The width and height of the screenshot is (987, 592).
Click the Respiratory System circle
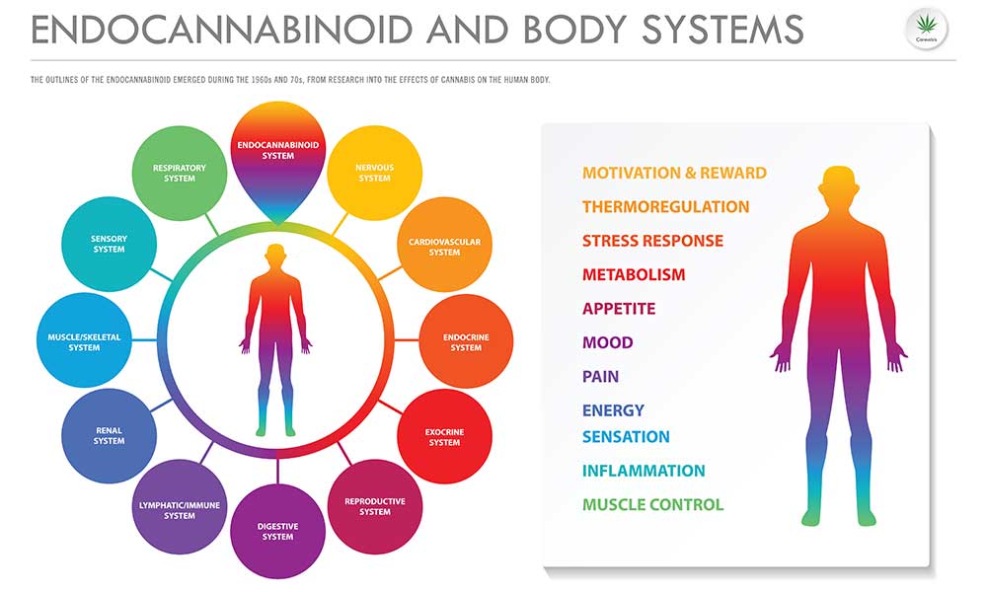click(x=180, y=173)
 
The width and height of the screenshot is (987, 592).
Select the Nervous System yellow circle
click(x=374, y=173)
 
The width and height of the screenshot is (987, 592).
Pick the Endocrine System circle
click(x=466, y=341)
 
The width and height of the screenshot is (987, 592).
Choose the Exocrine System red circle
click(x=444, y=436)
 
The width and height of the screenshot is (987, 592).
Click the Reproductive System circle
click(x=375, y=506)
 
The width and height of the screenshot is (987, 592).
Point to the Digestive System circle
click(x=277, y=532)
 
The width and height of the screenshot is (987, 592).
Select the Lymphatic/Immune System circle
click(x=180, y=507)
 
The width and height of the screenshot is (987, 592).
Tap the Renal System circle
click(x=109, y=436)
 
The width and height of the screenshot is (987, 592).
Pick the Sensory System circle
click(x=109, y=244)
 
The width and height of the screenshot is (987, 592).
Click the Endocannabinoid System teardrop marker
click(x=277, y=157)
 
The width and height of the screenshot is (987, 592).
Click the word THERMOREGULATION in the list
click(x=665, y=207)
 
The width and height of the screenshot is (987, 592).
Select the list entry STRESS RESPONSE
click(x=652, y=241)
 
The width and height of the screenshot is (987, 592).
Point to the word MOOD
click(x=607, y=343)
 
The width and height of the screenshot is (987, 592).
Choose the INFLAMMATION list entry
click(x=644, y=471)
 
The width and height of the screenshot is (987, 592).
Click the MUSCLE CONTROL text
click(x=652, y=504)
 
